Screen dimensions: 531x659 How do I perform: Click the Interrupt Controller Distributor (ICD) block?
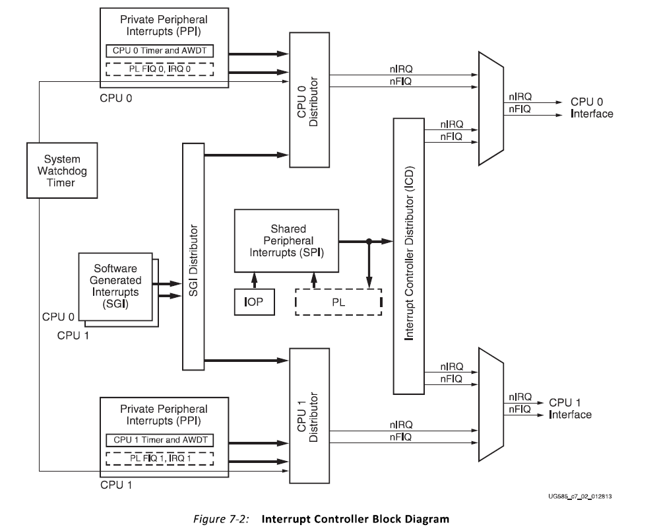[x=410, y=254]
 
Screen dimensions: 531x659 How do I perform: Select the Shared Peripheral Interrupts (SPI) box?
[x=286, y=240]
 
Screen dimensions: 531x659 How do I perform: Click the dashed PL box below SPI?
[x=338, y=302]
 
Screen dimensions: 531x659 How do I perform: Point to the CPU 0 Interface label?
[x=591, y=108]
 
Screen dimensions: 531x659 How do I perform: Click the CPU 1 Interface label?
[x=570, y=409]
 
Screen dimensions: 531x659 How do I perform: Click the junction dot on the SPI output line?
[x=369, y=241]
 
